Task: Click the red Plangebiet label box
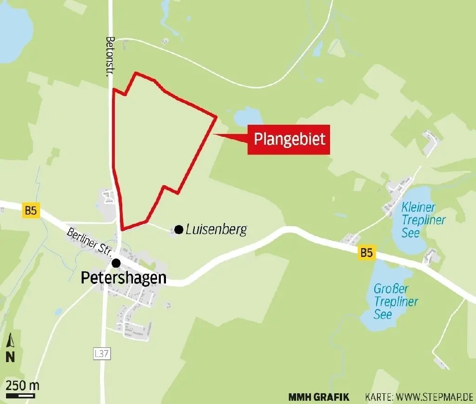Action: tap(289, 140)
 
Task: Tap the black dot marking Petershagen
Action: tap(116, 263)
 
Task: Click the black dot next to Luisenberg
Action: tap(178, 229)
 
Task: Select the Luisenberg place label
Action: tap(215, 229)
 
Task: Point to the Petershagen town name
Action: tap(124, 278)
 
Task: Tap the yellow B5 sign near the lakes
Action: tap(367, 253)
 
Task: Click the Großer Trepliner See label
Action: tap(396, 302)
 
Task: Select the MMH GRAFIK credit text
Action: tap(318, 397)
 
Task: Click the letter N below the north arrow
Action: tap(10, 357)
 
